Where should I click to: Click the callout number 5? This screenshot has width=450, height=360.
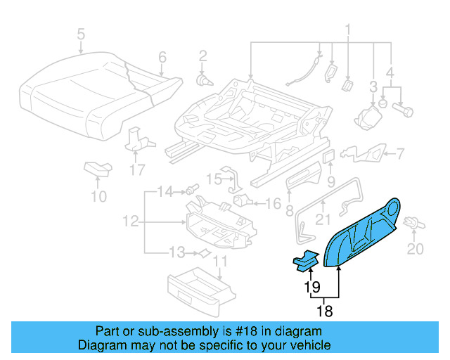coord(81,34)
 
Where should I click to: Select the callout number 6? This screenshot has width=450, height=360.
coord(162,57)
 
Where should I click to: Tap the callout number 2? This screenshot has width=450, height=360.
coord(202,56)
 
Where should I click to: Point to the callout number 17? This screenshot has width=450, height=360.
coord(136,169)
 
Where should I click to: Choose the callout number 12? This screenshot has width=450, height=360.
coord(129,221)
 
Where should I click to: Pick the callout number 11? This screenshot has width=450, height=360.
coord(221,263)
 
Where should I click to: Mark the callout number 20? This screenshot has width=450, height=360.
coord(416,248)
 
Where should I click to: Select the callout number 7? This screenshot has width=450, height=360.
coord(399,153)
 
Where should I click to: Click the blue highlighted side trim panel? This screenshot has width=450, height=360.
coord(366,230)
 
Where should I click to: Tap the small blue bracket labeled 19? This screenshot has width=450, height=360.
coord(304,261)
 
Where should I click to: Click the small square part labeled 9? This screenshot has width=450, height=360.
coord(328,155)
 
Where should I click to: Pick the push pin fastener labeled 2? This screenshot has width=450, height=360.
coord(204,79)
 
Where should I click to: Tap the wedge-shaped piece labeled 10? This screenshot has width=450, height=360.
coord(98,168)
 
